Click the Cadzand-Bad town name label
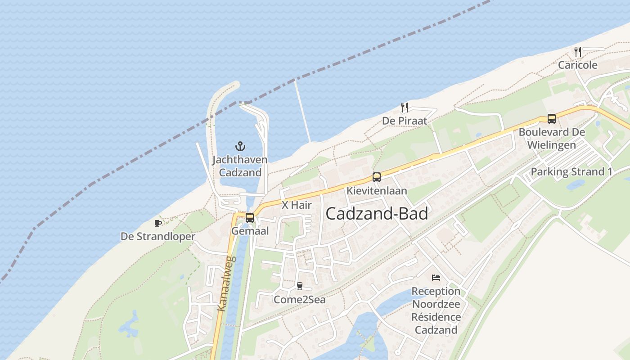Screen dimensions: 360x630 point(377,214)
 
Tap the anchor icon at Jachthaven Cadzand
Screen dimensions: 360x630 point(240,146)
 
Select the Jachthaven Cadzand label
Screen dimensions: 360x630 point(240,166)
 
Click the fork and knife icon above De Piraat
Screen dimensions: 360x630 point(405,108)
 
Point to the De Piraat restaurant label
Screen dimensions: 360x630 point(405,121)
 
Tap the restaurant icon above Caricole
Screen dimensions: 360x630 point(578,52)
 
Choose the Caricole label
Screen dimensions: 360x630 point(578,65)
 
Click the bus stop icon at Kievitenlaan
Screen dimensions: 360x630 point(377,177)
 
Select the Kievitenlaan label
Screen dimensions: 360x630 point(377,191)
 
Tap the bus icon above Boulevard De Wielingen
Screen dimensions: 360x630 point(552,119)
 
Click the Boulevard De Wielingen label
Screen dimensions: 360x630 point(552,139)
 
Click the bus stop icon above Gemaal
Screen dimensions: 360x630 point(250,218)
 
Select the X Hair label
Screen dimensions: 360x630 point(297,205)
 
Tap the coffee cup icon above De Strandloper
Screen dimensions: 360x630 point(158,223)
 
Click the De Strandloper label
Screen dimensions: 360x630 point(158,237)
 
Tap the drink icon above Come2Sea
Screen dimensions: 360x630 point(300,286)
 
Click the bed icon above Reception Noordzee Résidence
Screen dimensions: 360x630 point(436,278)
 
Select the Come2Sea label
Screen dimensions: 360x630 point(300,300)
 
